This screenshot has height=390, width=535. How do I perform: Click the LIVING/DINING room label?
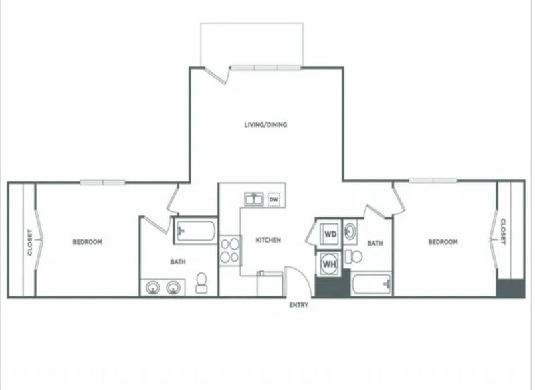coord(265,124)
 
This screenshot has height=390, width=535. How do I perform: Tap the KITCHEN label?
coord(269,240)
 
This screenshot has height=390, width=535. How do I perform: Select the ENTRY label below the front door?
coord(298,305)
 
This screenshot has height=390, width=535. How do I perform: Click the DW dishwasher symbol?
coord(274,199)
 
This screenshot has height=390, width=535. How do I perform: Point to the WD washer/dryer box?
coord(330,234)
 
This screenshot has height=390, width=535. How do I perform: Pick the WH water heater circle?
coord(330,264)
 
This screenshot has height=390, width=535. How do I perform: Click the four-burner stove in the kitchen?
coord(229,250)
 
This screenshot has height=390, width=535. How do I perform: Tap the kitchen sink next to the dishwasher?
coord(254,199)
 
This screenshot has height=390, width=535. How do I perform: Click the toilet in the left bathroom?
coord(201,283)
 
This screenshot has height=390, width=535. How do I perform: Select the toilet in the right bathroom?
coord(354,256)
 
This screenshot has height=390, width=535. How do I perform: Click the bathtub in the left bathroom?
coord(195,231)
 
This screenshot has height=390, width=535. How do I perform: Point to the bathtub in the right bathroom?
coord(372,284)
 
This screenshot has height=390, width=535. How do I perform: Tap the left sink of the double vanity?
coord(153,288)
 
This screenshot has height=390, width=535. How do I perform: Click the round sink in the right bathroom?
coord(350,232)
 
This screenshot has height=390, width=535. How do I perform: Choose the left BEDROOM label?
coord(88,242)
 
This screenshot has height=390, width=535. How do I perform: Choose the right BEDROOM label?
coord(443,242)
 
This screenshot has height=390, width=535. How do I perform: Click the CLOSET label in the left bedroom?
coord(30,242)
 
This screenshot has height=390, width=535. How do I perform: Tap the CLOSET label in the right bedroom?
coord(503,231)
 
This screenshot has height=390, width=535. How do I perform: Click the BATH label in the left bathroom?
coord(178,262)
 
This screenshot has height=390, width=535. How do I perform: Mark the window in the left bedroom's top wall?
coord(103,183)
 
